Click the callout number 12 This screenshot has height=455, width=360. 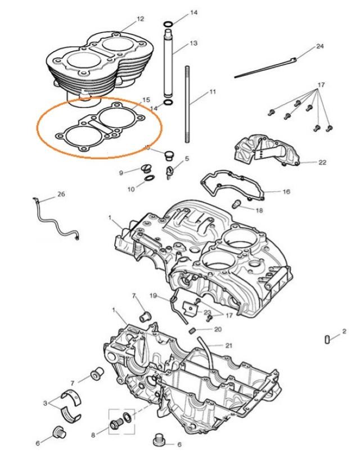[x=140, y=19]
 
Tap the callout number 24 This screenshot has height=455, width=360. [x=320, y=46]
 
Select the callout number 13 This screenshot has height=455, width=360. [x=193, y=43]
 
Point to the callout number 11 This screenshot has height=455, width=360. [x=212, y=91]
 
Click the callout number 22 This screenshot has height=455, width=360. [x=322, y=163]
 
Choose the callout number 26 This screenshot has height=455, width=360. [x=61, y=195]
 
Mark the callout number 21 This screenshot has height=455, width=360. [x=228, y=345]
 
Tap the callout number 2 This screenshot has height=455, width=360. [x=344, y=332]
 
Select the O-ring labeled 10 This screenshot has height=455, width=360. [x=149, y=179]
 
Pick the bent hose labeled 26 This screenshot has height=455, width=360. [x=56, y=220]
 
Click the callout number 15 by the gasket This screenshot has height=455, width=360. [x=146, y=100]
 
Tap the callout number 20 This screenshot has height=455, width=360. [x=218, y=330]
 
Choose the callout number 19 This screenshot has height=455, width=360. [x=153, y=295]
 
